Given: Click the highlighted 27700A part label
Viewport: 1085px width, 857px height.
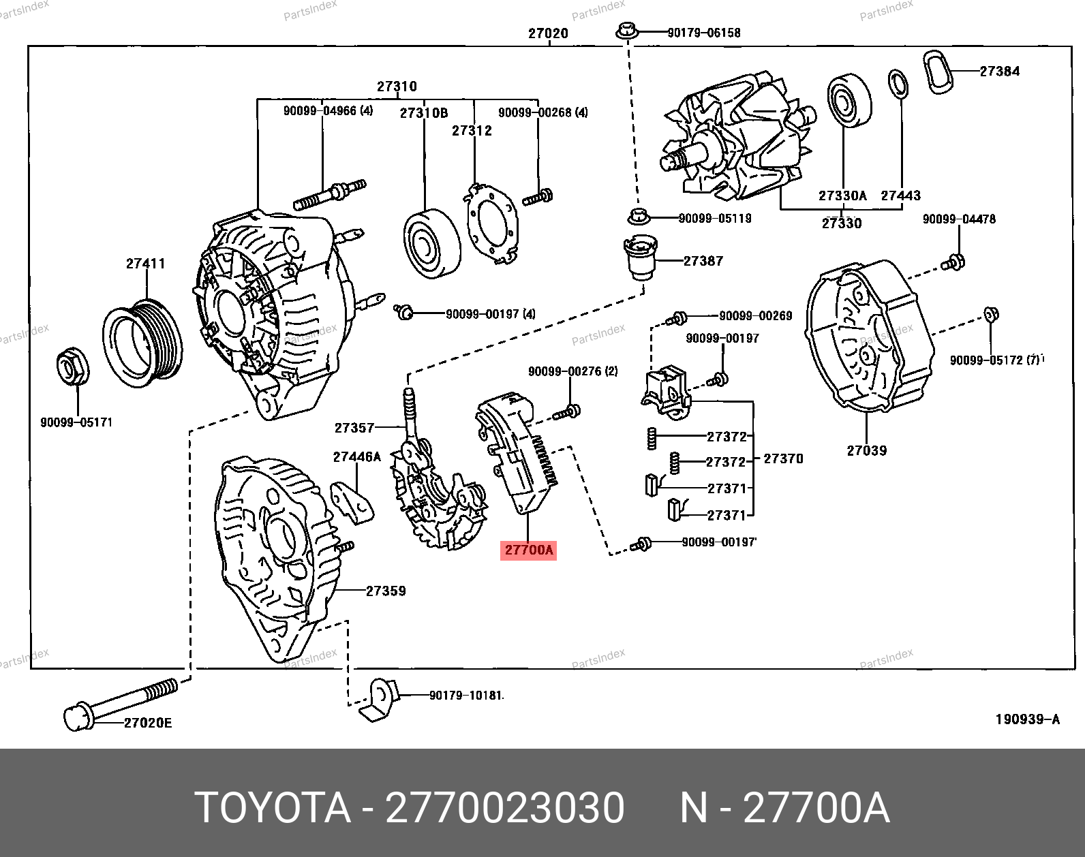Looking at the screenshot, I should pyautogui.click(x=529, y=550).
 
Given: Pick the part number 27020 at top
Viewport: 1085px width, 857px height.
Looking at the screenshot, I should pyautogui.click(x=548, y=33).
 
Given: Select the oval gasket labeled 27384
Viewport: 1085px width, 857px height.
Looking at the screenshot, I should pyautogui.click(x=938, y=71).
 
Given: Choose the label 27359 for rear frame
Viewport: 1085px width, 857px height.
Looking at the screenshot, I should pyautogui.click(x=386, y=591).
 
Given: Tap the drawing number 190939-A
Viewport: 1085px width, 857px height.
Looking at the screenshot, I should pyautogui.click(x=1027, y=719).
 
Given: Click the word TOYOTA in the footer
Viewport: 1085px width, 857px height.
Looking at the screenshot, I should pyautogui.click(x=273, y=808).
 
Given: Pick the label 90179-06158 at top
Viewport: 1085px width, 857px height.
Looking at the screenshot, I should pyautogui.click(x=703, y=32).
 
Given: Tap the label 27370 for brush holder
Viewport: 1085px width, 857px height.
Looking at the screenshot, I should pyautogui.click(x=783, y=458).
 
